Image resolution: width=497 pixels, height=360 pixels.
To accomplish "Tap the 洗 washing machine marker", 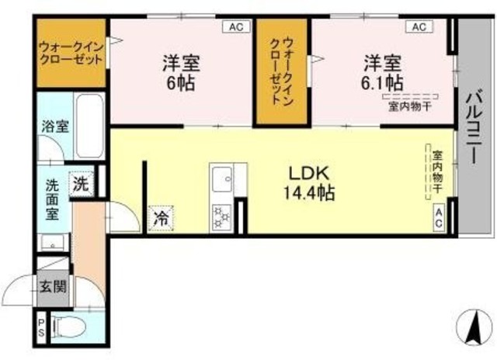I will tap(80, 184).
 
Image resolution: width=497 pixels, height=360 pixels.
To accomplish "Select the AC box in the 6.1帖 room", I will tap(419, 26).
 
